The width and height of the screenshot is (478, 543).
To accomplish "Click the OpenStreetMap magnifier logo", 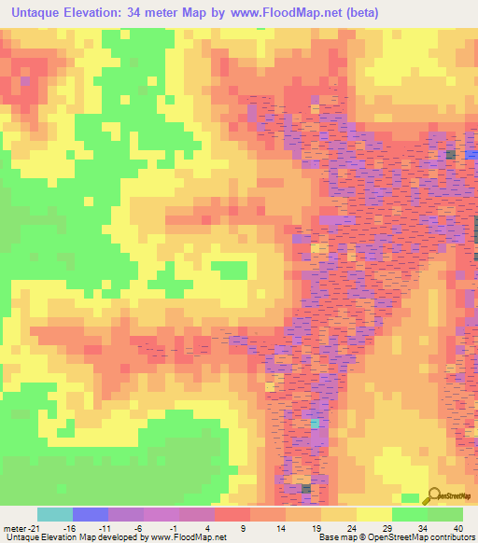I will [435, 497].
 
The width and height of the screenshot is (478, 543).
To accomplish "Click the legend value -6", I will [138, 528].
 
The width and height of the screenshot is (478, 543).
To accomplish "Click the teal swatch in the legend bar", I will [54, 514].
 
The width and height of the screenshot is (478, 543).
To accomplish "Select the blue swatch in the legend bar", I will [90, 514].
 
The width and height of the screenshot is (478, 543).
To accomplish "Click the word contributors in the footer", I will [449, 537].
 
